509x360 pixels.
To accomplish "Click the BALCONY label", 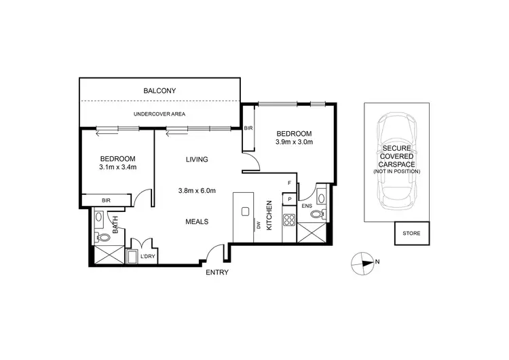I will [x=159, y=90].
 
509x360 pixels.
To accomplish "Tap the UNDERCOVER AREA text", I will [x=159, y=113].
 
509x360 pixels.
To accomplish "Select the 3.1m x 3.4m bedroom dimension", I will [x=117, y=166].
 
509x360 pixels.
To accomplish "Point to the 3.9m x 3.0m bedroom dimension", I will [x=293, y=143].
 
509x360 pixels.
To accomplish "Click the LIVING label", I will [x=197, y=160].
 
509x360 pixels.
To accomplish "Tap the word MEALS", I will [x=197, y=221].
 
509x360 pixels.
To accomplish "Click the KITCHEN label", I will [x=269, y=215].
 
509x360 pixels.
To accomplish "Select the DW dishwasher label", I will [x=258, y=226].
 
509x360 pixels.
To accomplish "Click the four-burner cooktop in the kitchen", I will [x=288, y=219].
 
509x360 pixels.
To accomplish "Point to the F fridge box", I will [x=290, y=183].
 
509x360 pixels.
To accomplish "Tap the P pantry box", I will [x=290, y=200].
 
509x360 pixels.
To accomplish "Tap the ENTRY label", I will [x=218, y=272].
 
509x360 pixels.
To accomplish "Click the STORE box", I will [x=411, y=233].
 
